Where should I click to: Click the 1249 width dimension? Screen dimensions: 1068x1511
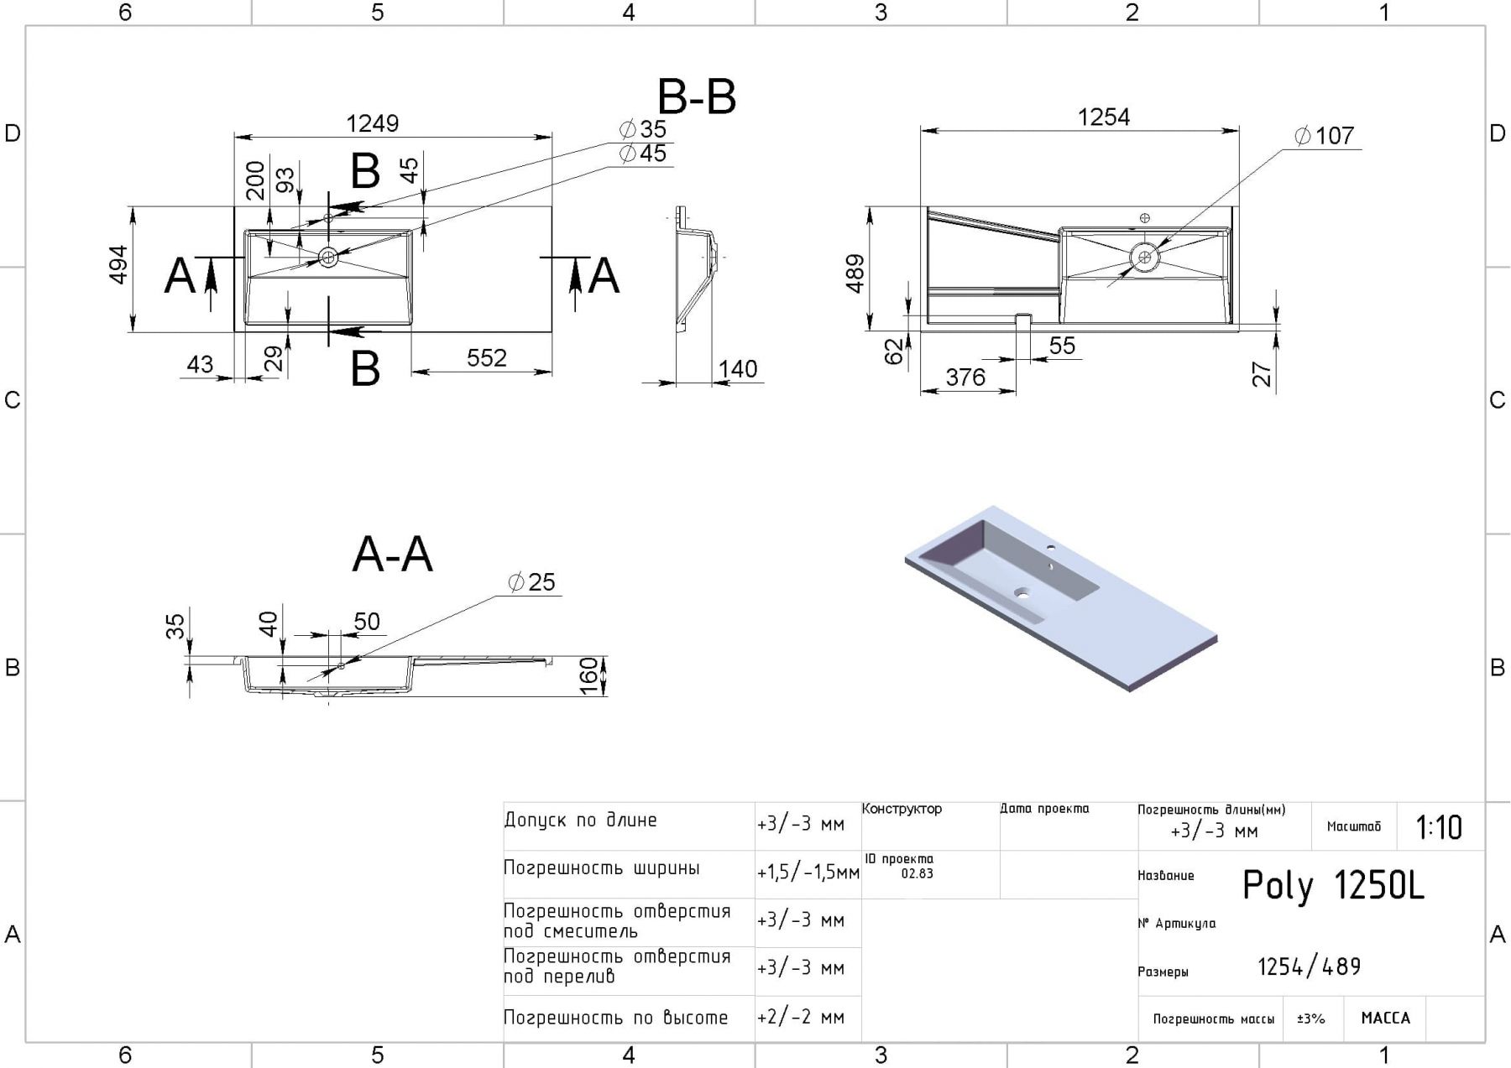pos(373,124)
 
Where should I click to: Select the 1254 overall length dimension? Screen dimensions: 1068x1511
pos(1103,117)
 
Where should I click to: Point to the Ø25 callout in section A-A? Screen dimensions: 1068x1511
pos(532,582)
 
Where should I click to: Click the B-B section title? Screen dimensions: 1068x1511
pos(696,97)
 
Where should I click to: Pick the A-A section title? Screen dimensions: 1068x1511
pos(392,555)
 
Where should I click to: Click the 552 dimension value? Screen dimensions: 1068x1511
pos(487,358)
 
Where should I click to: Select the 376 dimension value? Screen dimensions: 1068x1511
pos(965,378)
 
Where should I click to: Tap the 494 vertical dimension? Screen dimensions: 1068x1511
pos(119,264)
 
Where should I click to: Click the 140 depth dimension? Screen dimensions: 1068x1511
pos(738,369)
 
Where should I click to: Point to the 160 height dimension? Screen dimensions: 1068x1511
pos(590,675)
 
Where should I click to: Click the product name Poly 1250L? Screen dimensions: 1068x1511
pos(1332,886)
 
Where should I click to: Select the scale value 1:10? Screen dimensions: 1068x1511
pos(1439,828)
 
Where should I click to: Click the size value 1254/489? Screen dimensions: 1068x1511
pos(1309,967)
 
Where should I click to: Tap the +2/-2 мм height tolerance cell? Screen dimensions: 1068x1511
pos(800,1018)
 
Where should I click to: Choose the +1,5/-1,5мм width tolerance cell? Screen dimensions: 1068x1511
pos(808,873)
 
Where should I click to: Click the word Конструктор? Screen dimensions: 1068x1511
pos(902,810)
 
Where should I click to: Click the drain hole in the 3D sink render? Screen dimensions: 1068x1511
pos(1022,592)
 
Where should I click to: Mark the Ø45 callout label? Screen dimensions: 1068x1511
pos(643,154)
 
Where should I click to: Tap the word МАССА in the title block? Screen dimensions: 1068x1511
pos(1385,1019)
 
